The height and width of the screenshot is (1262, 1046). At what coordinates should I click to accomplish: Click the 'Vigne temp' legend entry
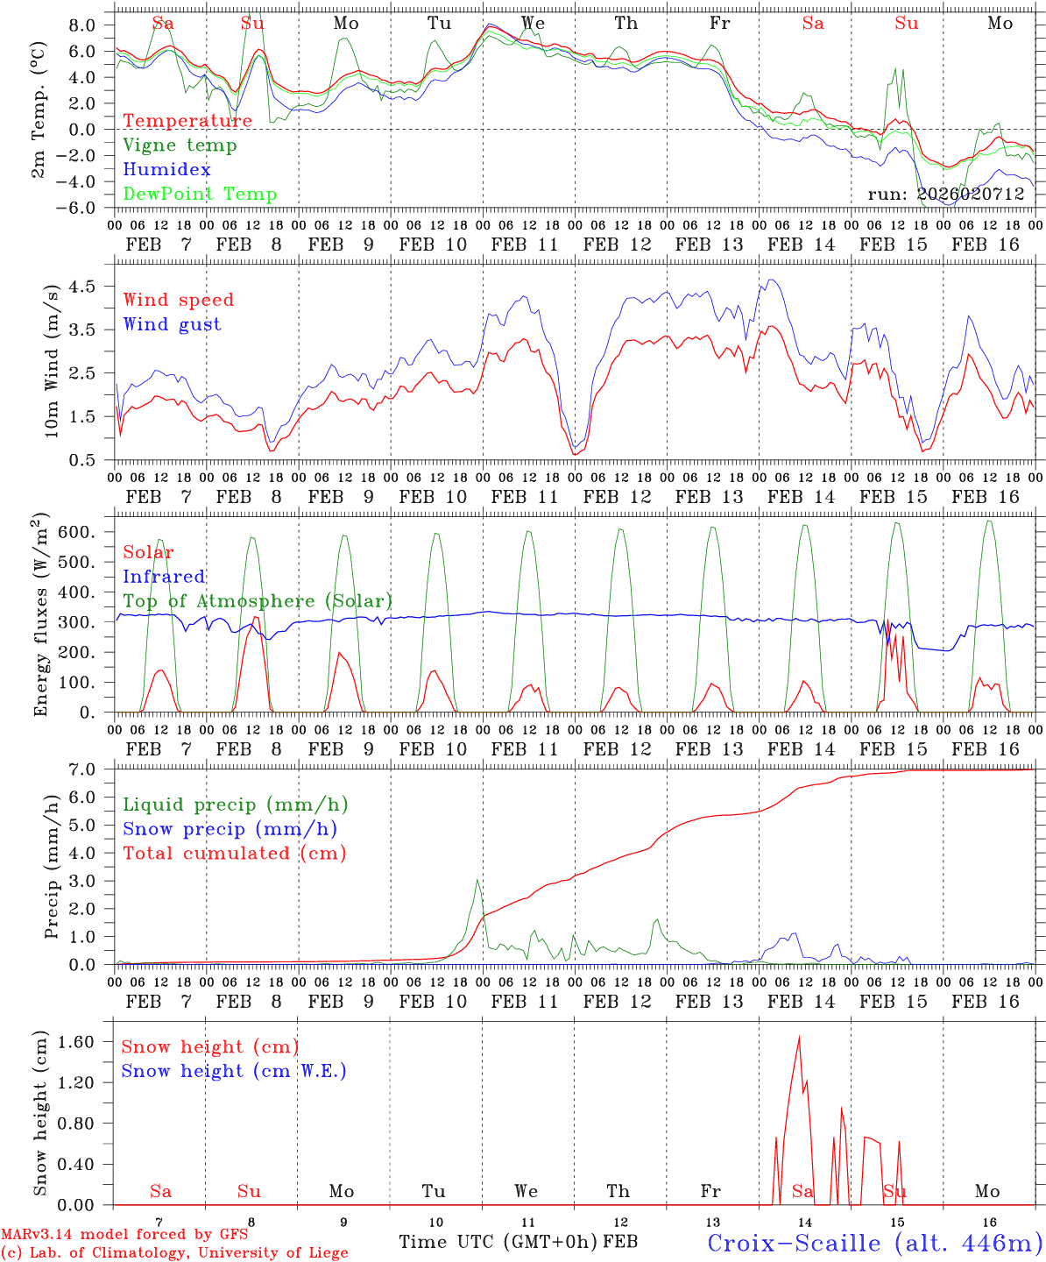tap(180, 145)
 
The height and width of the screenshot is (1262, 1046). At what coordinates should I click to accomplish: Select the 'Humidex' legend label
tap(166, 170)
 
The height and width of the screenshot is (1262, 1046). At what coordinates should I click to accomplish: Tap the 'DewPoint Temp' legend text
tap(200, 195)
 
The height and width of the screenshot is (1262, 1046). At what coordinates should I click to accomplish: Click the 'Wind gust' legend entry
tap(172, 324)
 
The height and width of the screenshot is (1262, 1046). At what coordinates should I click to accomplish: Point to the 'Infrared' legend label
tap(164, 577)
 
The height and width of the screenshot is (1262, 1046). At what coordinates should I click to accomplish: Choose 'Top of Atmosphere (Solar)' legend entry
tap(258, 601)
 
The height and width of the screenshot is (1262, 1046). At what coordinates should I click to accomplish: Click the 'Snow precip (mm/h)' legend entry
tap(230, 829)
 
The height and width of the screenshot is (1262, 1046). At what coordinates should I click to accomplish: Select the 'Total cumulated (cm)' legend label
tap(235, 854)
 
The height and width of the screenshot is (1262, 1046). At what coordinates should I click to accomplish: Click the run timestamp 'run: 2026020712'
tap(946, 194)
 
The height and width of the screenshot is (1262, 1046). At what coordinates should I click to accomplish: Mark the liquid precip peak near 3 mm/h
tap(477, 880)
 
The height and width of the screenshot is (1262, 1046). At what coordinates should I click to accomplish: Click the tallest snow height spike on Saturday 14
tap(799, 1037)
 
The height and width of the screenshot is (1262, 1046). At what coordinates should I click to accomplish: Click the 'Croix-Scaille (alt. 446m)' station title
tap(874, 1243)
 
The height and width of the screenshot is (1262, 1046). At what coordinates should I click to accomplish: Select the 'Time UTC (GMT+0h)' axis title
tap(498, 1242)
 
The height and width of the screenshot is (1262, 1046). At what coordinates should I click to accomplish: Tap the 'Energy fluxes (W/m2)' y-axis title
tap(41, 613)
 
